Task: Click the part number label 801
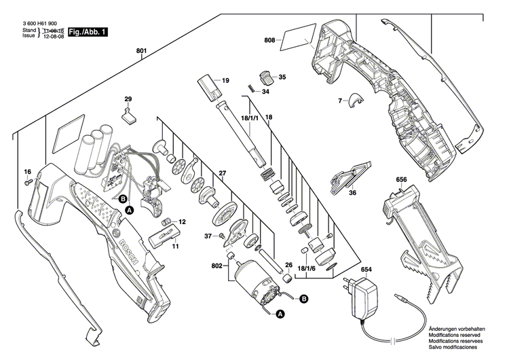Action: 141,50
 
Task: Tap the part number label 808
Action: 270,41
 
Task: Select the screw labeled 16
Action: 28,183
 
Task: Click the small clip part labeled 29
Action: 129,115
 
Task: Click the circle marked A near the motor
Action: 278,314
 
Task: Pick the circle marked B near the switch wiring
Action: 123,199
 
